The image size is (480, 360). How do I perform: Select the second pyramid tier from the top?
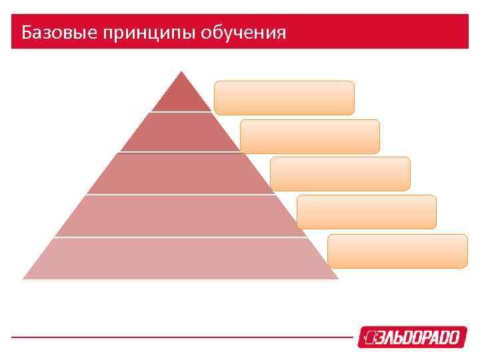(180, 133)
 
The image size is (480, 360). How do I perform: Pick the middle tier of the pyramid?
(180, 174)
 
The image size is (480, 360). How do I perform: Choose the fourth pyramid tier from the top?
(180, 215)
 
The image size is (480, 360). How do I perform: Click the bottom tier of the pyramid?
(180, 258)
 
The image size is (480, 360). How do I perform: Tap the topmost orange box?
(284, 97)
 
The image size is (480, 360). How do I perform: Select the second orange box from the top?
(310, 136)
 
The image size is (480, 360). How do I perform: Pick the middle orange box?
(341, 174)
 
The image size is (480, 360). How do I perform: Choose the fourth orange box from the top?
(367, 212)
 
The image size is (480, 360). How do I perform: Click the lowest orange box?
(398, 251)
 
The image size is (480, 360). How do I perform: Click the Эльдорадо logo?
(409, 337)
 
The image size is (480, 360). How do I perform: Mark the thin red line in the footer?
(180, 337)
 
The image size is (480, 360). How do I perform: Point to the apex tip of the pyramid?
(181, 71)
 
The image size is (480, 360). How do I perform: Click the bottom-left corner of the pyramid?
(24, 278)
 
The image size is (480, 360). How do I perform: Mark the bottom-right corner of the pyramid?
(337, 278)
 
